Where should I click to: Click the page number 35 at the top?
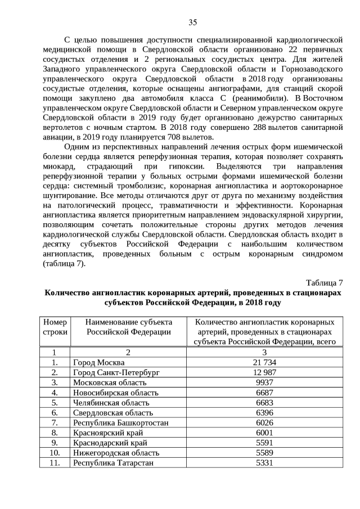pos(192,22)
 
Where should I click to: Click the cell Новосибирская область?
pos(116,393)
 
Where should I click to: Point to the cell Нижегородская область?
pos(115,453)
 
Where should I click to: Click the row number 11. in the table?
pos(55,463)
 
